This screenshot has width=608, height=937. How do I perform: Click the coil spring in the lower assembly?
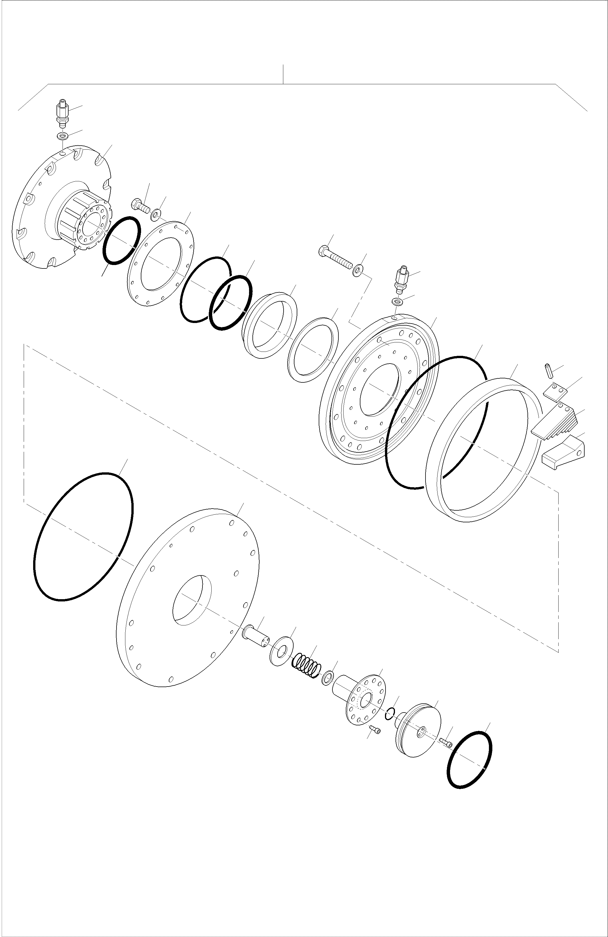coord(306,666)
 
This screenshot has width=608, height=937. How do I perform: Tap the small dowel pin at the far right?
coord(548,371)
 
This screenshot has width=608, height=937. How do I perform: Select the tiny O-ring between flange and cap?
coord(390,713)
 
